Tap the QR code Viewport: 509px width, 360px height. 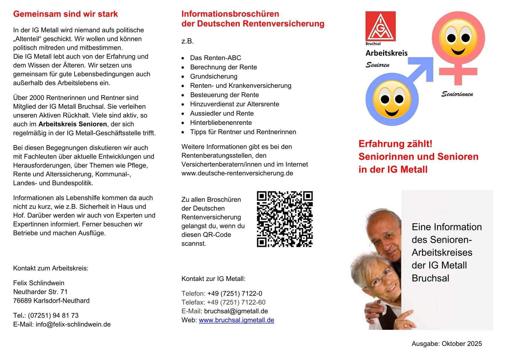click(x=285, y=219)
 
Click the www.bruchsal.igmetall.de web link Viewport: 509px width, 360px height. click(x=236, y=320)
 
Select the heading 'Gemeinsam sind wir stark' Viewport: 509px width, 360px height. click(x=66, y=14)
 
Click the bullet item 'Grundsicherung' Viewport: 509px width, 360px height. click(x=214, y=76)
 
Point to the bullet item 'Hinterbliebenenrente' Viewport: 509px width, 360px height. click(x=221, y=123)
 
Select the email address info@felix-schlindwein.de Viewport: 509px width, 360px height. click(x=73, y=324)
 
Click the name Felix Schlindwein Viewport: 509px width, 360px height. click(x=39, y=283)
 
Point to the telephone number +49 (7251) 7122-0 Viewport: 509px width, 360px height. click(x=235, y=294)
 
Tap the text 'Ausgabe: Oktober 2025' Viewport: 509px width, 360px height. click(x=447, y=344)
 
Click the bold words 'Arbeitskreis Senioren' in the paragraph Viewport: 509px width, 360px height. click(x=73, y=124)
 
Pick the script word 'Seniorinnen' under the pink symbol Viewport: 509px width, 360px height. click(x=457, y=94)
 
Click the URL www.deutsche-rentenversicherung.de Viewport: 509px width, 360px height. click(x=237, y=173)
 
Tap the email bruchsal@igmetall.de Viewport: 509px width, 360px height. click(x=236, y=311)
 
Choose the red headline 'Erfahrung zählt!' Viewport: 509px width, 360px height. click(x=396, y=144)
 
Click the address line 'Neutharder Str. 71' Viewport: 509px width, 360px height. click(x=40, y=292)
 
